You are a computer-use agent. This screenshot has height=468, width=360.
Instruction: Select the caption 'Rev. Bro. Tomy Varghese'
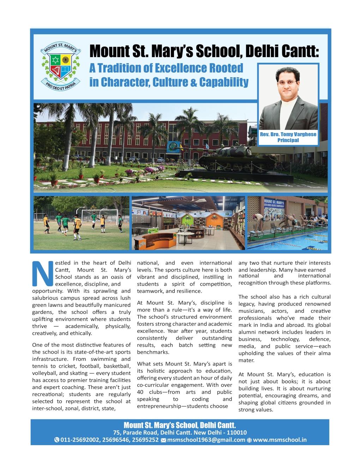(x=288, y=134)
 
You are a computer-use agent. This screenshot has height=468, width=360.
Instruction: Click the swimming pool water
(x=289, y=240)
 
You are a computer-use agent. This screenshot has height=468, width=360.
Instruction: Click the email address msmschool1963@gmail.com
(x=206, y=440)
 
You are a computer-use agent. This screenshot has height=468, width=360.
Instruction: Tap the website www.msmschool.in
(x=280, y=440)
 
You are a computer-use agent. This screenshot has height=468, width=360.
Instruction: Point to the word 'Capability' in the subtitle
(x=223, y=82)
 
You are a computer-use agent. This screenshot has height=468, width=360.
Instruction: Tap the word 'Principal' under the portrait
(x=288, y=140)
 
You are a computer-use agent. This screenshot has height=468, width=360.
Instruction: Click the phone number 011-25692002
(x=78, y=440)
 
